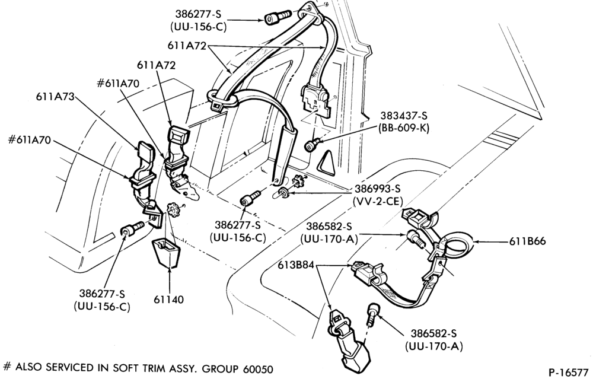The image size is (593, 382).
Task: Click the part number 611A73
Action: click(x=55, y=97)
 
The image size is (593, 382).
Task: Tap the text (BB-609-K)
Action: click(x=403, y=128)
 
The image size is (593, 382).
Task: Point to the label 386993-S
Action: click(x=377, y=189)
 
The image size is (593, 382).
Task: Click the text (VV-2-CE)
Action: click(x=377, y=201)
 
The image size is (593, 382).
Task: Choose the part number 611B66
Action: click(x=527, y=241)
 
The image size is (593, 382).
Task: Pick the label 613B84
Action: click(x=296, y=265)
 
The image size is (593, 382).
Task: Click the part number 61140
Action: click(x=168, y=300)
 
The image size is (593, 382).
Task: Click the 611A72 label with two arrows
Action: click(x=187, y=46)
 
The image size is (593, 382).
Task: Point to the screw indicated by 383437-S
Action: click(x=313, y=144)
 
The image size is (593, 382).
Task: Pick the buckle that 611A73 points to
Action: click(x=144, y=159)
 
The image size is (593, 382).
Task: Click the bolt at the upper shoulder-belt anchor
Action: click(x=277, y=17)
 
